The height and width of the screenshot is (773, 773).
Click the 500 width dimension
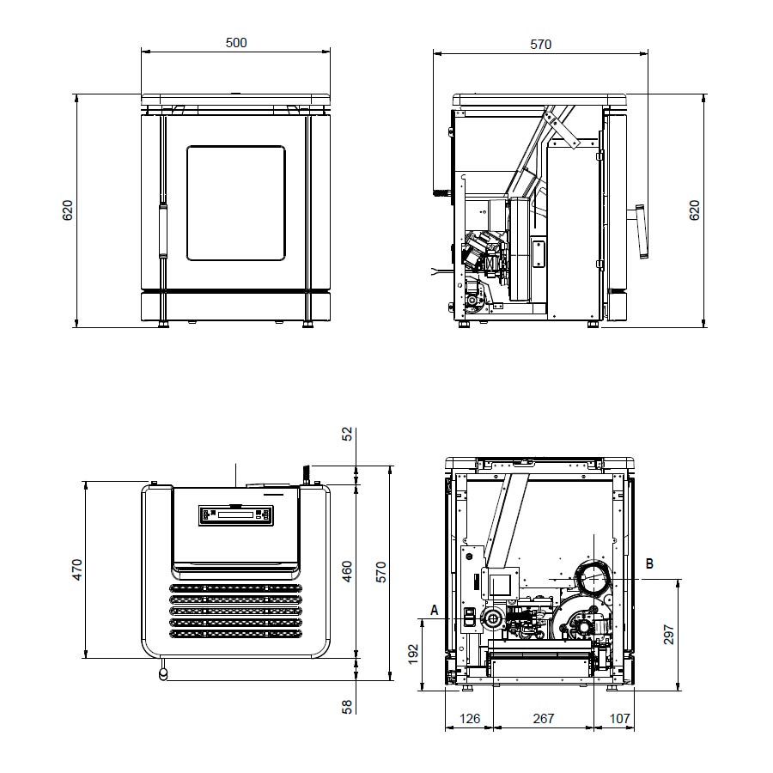click(x=236, y=43)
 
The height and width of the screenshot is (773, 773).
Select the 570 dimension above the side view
click(x=541, y=45)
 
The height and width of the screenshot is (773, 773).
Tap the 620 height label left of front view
click(x=68, y=210)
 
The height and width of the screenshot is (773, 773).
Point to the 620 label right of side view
click(x=694, y=210)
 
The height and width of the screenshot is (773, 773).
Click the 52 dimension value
click(x=348, y=434)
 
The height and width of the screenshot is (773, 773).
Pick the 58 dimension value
click(x=348, y=707)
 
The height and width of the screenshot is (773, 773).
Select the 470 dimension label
click(x=77, y=569)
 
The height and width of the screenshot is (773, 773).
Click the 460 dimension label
click(x=348, y=571)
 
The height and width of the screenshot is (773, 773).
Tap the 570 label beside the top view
click(x=381, y=572)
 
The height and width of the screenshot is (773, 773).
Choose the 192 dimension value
click(x=413, y=654)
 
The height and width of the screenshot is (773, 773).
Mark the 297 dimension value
click(x=668, y=635)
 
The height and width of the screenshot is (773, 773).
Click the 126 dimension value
click(x=469, y=719)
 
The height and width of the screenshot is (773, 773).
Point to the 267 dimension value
click(x=544, y=719)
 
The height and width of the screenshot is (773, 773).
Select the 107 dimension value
click(x=619, y=719)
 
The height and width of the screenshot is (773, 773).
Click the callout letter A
click(x=435, y=611)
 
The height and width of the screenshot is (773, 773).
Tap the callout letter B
click(x=650, y=563)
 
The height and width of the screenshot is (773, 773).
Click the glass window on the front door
click(x=236, y=203)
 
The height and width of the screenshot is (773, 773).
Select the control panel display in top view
click(x=235, y=515)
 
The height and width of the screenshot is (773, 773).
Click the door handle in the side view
click(x=641, y=231)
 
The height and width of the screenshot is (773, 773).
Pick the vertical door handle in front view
click(x=162, y=231)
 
